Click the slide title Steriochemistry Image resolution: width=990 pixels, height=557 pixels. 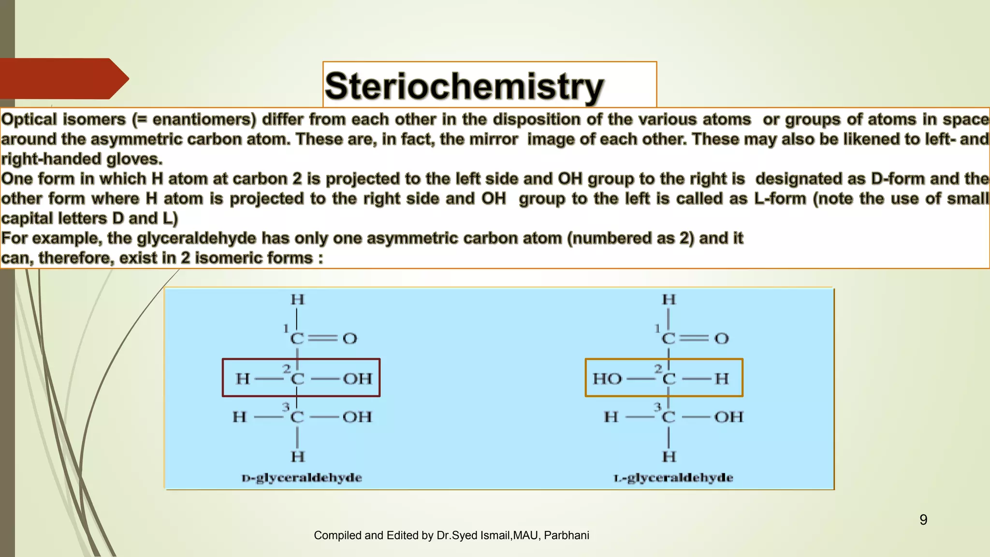coord(464,86)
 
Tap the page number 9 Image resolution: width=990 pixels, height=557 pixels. coord(923,520)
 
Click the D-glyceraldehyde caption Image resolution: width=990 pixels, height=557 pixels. coord(302,478)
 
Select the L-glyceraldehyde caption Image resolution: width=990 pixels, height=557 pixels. coord(673,478)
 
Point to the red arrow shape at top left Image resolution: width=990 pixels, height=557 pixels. coord(63,78)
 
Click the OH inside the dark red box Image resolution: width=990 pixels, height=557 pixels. coord(357,378)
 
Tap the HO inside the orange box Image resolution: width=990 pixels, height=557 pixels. coord(607,378)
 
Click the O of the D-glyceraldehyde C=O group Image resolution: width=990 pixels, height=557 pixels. coord(349,338)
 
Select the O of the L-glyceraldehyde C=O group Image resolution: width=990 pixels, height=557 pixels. coord(721,338)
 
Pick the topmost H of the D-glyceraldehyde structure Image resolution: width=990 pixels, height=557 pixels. coord(297,300)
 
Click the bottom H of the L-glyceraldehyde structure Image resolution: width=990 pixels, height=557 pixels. coord(669,456)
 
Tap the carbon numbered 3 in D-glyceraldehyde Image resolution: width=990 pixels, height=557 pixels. coord(297,417)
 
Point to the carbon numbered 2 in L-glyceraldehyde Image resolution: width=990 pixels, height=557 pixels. coord(669,378)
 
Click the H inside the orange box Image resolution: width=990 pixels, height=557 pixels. coord(721,378)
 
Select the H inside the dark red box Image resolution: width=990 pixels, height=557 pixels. coord(243,378)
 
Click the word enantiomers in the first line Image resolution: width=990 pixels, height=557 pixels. coord(204,119)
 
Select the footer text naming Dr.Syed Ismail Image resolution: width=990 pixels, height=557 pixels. coord(451,535)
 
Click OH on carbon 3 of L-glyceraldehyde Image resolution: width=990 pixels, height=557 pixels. coord(728,417)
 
